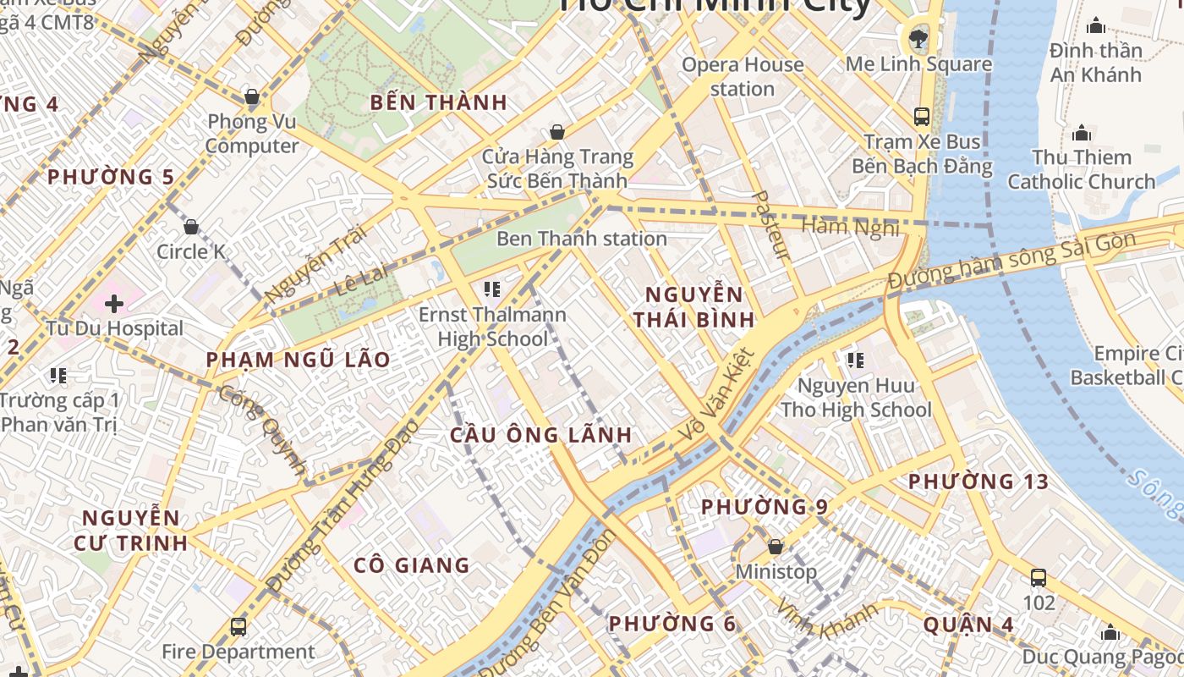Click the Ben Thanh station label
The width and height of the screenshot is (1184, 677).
(582, 239)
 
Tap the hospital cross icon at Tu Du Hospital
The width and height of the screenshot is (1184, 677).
(114, 303)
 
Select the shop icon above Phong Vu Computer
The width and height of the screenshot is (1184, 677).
(251, 96)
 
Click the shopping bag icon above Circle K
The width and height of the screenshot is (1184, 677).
(191, 227)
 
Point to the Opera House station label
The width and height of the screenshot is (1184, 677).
(743, 76)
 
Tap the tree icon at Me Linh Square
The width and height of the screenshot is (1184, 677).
(918, 37)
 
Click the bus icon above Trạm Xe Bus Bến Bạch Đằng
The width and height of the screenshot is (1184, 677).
(922, 117)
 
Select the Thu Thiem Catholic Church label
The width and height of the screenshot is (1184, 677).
(1081, 169)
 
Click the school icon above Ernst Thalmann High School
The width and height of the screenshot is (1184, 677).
(492, 290)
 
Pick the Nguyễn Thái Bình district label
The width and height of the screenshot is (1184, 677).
(694, 307)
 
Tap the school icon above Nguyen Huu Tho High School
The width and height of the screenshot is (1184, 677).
(856, 361)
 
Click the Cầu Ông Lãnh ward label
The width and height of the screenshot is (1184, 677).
(540, 435)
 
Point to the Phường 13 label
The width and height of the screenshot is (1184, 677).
(978, 482)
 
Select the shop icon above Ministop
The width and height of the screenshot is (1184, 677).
(776, 547)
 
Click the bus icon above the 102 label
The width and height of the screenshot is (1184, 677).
(1039, 578)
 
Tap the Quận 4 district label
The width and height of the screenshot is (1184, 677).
(968, 625)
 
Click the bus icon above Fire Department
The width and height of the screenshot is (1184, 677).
(238, 627)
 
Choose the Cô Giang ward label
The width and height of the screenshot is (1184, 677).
(411, 564)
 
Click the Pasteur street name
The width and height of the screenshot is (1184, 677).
(770, 224)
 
